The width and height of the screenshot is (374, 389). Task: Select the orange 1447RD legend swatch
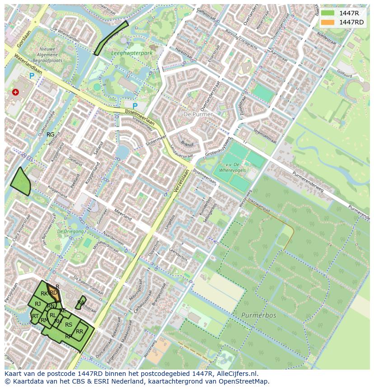(328, 23)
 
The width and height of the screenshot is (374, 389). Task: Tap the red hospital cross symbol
(16, 92)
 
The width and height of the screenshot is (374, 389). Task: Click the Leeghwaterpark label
(132, 53)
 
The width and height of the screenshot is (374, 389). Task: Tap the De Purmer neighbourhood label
(198, 115)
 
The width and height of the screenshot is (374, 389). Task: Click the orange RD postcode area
(54, 292)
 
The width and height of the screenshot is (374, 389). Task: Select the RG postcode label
(51, 135)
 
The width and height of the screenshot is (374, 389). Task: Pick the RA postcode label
(81, 303)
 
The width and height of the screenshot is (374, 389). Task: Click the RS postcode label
(69, 324)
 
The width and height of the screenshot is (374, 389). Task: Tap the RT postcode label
(35, 316)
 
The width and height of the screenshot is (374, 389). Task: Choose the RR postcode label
(79, 332)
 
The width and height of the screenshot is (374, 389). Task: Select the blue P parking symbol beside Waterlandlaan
(32, 76)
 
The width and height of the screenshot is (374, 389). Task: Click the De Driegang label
(70, 232)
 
